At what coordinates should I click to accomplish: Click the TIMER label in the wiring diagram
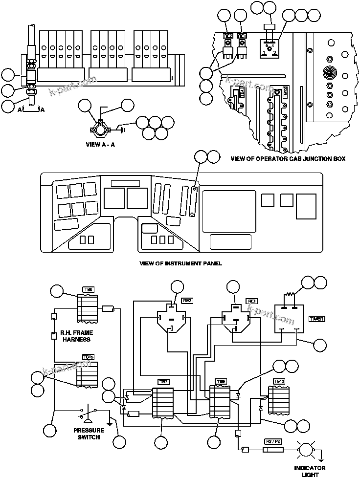coord(316,319)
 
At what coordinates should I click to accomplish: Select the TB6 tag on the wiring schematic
coord(89,290)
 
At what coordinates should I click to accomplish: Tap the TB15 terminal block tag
coord(89,357)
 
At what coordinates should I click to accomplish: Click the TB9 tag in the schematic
coord(221,381)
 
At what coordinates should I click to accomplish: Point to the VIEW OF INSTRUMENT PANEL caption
coord(180,263)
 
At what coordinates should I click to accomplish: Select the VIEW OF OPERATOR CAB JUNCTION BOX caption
coord(288,158)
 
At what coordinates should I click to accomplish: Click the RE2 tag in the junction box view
coord(228,36)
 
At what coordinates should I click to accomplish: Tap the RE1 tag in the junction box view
coord(242,36)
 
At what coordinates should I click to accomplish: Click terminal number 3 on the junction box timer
coord(275,52)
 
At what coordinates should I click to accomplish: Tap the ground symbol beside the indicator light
coord(321,458)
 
